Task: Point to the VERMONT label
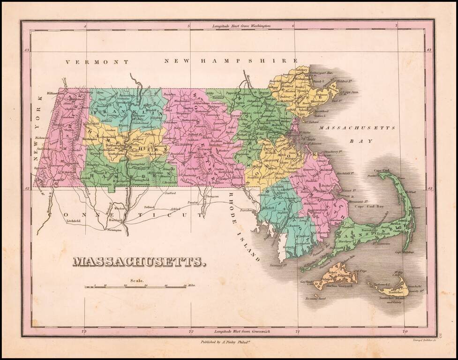coord(97,62)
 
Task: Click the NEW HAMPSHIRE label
coord(231,61)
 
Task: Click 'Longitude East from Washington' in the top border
coord(241,26)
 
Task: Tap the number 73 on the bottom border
coord(84,331)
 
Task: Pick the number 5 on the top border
coord(188,27)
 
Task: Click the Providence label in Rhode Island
coord(248,211)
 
